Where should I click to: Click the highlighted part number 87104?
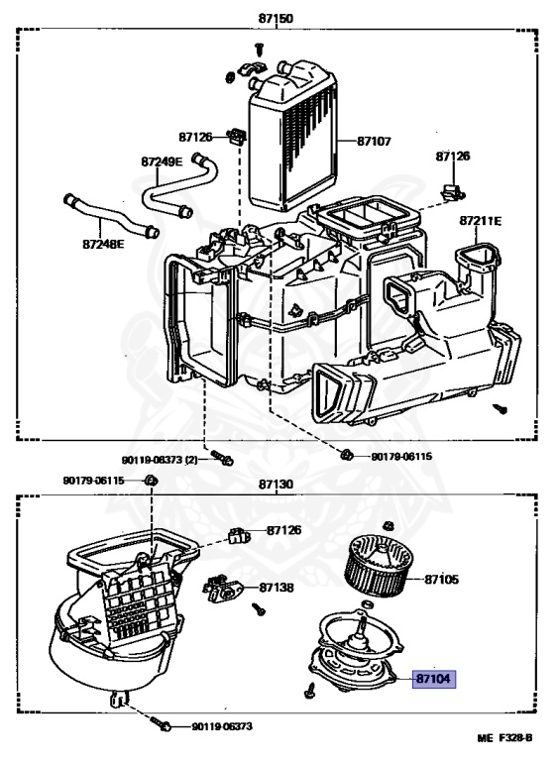(x=434, y=679)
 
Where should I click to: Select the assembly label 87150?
(x=276, y=19)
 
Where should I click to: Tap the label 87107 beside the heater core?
(x=374, y=142)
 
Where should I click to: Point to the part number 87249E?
(x=162, y=162)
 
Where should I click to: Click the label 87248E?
(x=103, y=244)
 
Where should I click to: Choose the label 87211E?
(x=481, y=221)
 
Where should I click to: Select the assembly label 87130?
(x=276, y=485)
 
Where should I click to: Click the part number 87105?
(x=441, y=580)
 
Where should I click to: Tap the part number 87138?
(x=277, y=588)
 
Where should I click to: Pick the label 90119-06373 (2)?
(x=160, y=459)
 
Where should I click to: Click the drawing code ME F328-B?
(x=504, y=738)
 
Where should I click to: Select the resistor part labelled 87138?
(x=224, y=588)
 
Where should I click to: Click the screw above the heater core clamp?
(x=259, y=50)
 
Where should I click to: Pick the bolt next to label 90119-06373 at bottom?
(x=161, y=722)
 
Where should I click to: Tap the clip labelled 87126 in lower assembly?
(x=239, y=535)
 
